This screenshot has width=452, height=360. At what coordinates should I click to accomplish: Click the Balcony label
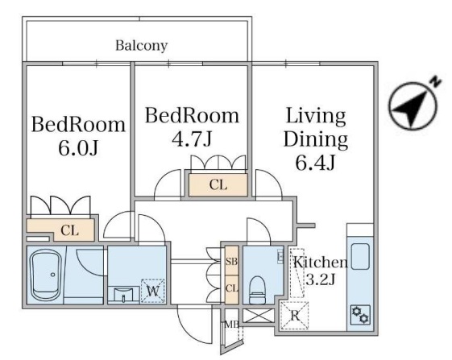point(141,46)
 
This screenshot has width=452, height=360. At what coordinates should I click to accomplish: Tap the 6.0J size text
point(78,148)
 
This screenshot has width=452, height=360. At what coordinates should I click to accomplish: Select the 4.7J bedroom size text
point(192,139)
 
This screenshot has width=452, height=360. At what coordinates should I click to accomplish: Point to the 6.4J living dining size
point(315,162)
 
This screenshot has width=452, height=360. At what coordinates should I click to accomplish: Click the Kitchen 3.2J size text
point(320,279)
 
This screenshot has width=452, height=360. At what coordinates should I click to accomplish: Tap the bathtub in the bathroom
point(46,275)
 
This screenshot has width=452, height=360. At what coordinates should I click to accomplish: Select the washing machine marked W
point(153,291)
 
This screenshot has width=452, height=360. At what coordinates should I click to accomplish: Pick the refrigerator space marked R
point(295,316)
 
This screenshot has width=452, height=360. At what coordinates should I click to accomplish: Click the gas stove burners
point(361,314)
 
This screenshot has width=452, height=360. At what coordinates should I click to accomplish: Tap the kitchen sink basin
point(360,256)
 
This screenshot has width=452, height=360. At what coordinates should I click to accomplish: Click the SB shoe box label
point(231,262)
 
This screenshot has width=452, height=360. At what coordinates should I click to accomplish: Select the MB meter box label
point(232,325)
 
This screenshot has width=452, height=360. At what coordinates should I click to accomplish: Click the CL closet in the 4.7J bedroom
point(218,185)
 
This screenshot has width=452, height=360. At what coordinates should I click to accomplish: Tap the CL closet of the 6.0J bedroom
point(69,230)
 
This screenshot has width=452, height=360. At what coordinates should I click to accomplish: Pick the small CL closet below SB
point(231,289)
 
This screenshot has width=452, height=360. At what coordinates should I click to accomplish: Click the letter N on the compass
point(436,82)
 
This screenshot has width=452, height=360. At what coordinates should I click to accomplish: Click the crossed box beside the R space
point(259,316)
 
